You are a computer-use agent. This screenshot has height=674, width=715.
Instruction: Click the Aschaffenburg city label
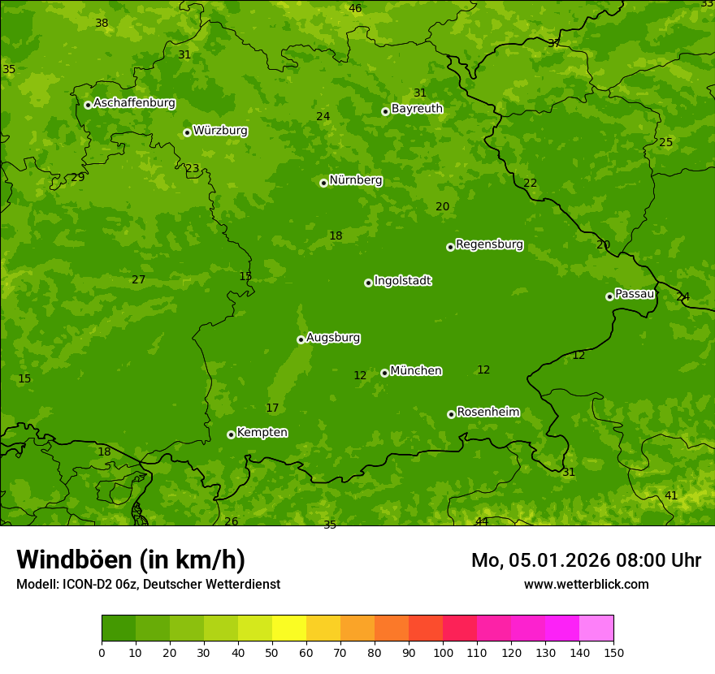[134, 103]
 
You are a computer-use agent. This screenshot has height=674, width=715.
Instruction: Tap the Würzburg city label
[220, 131]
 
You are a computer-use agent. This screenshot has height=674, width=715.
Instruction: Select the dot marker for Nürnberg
[323, 183]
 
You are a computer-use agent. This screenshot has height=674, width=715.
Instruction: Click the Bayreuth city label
[417, 109]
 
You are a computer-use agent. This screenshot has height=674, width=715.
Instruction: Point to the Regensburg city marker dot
[450, 247]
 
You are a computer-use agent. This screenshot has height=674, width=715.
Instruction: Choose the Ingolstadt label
[402, 281]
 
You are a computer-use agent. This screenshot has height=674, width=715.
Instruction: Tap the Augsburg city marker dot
[301, 339]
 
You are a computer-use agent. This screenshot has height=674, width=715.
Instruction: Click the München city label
[416, 371]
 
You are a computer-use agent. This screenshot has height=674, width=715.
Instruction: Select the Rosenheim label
[487, 413]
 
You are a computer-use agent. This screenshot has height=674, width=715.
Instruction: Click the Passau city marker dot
[609, 296]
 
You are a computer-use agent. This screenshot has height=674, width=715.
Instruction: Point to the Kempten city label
[262, 433]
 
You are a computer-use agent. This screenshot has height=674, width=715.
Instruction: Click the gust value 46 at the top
[355, 9]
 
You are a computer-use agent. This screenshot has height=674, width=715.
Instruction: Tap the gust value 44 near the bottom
[482, 521]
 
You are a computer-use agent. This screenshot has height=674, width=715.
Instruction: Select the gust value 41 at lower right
[671, 495]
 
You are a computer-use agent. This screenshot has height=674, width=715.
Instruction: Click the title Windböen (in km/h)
[131, 560]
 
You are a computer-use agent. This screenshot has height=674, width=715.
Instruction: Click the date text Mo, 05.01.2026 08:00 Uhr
[586, 560]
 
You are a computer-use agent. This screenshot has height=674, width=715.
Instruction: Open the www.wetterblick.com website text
[586, 584]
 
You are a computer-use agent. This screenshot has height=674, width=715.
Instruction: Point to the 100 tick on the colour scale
[443, 652]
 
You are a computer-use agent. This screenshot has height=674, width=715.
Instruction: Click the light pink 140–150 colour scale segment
[596, 629]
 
